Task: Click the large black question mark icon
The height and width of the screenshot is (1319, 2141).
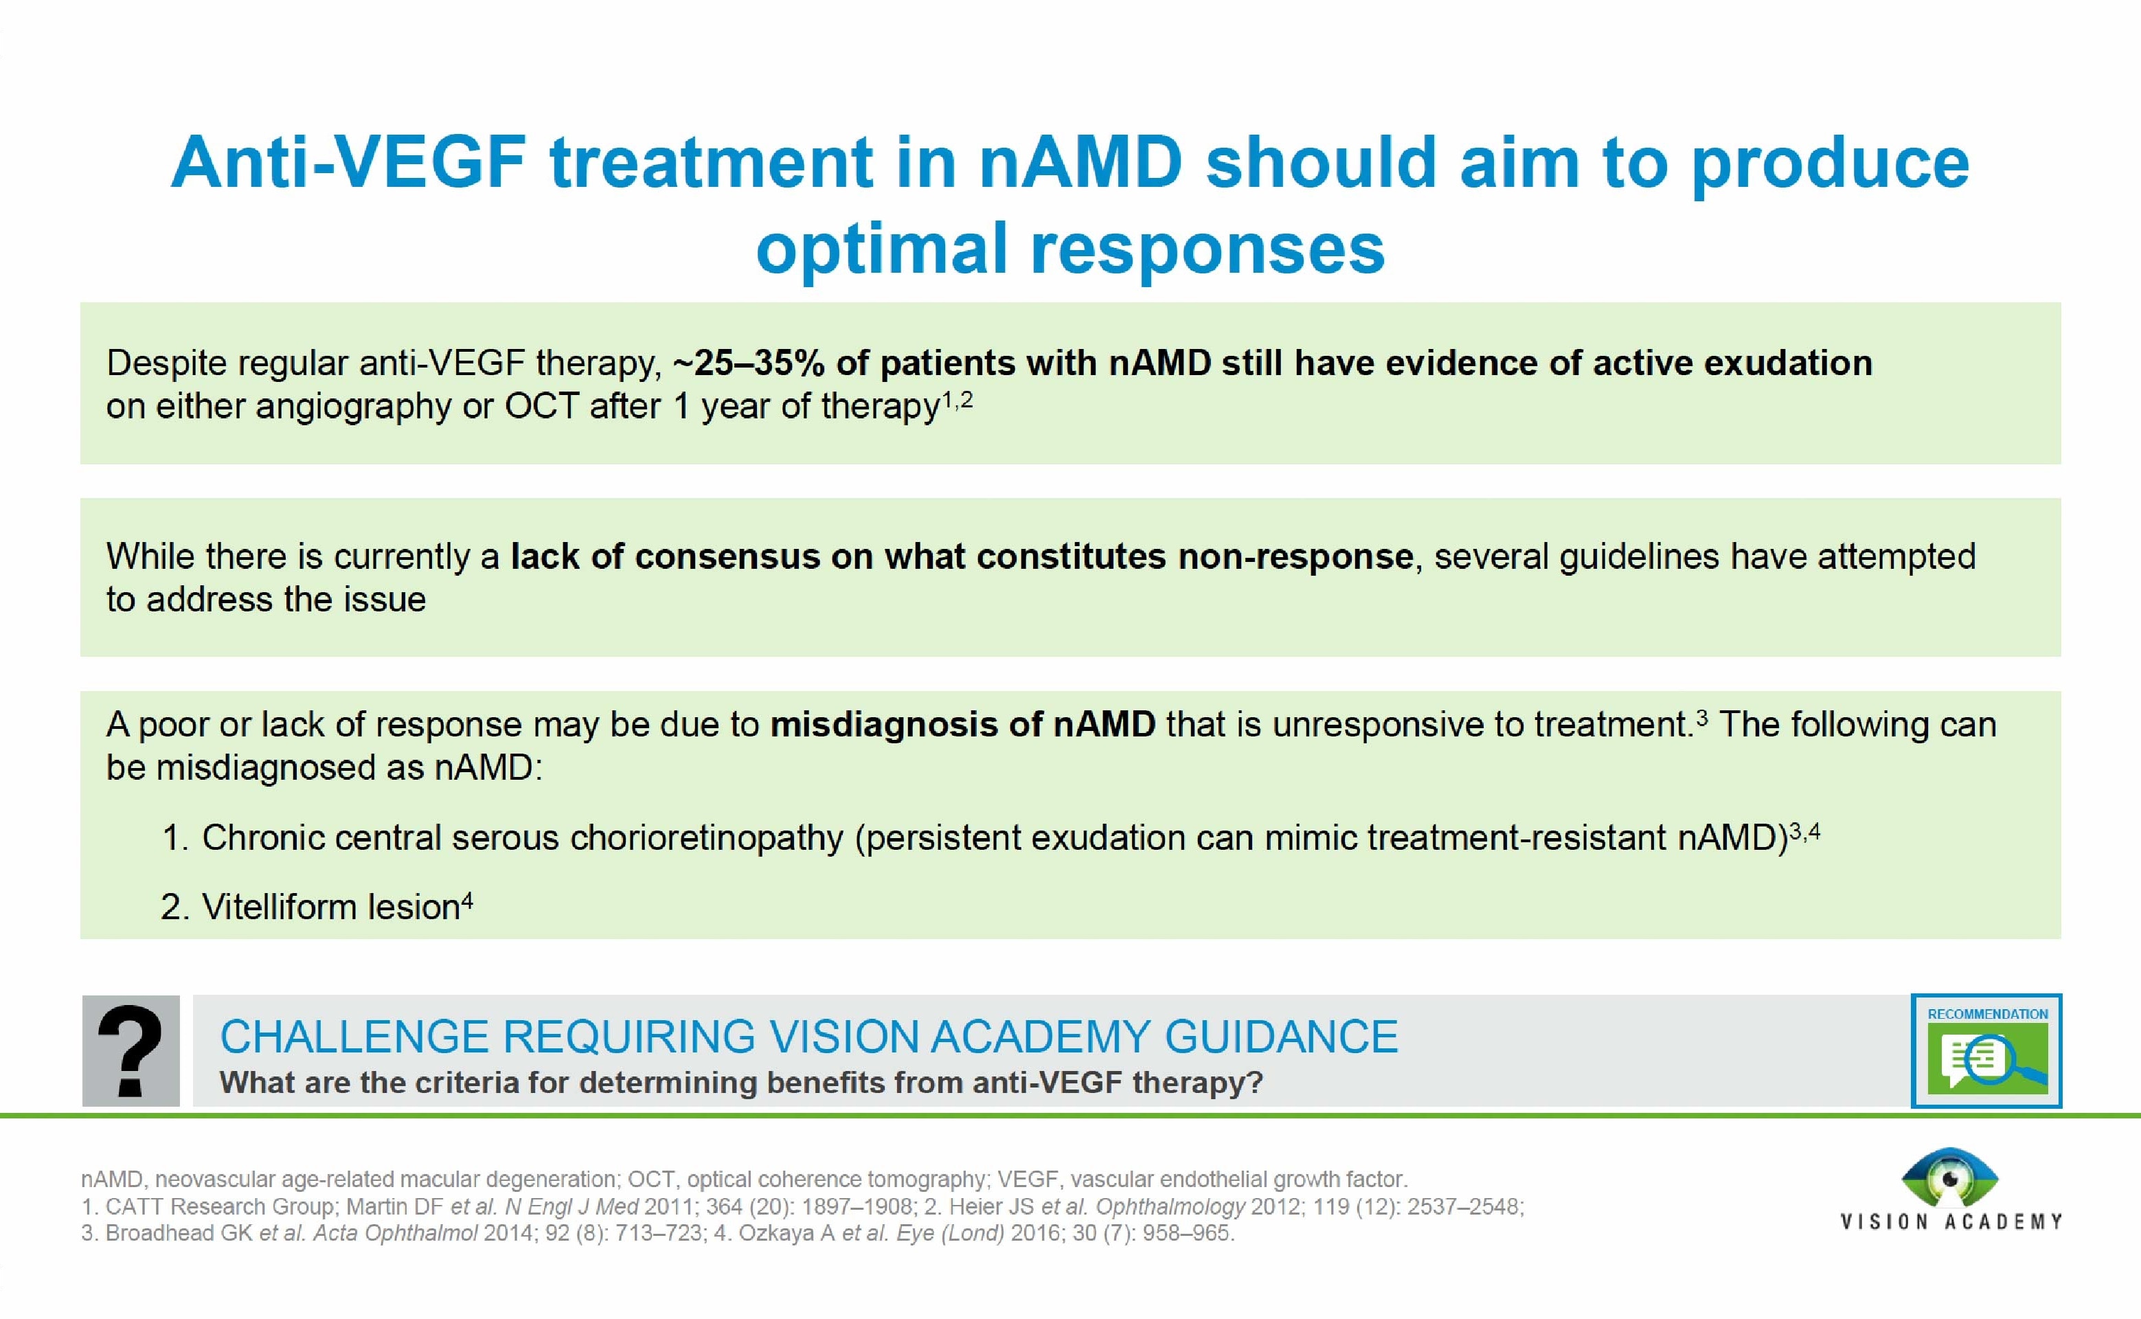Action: coord(131,1050)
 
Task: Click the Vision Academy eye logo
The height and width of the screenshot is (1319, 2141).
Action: coord(1950,1177)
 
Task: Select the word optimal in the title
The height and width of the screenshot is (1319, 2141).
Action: coord(881,248)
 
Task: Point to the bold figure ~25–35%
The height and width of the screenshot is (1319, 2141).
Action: coord(748,363)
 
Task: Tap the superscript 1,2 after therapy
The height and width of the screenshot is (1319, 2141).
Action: coord(957,401)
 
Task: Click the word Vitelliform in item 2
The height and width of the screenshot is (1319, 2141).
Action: coord(280,907)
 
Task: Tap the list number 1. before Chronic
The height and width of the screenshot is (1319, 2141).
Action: coord(175,837)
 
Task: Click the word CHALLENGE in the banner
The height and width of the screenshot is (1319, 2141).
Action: coord(354,1037)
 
